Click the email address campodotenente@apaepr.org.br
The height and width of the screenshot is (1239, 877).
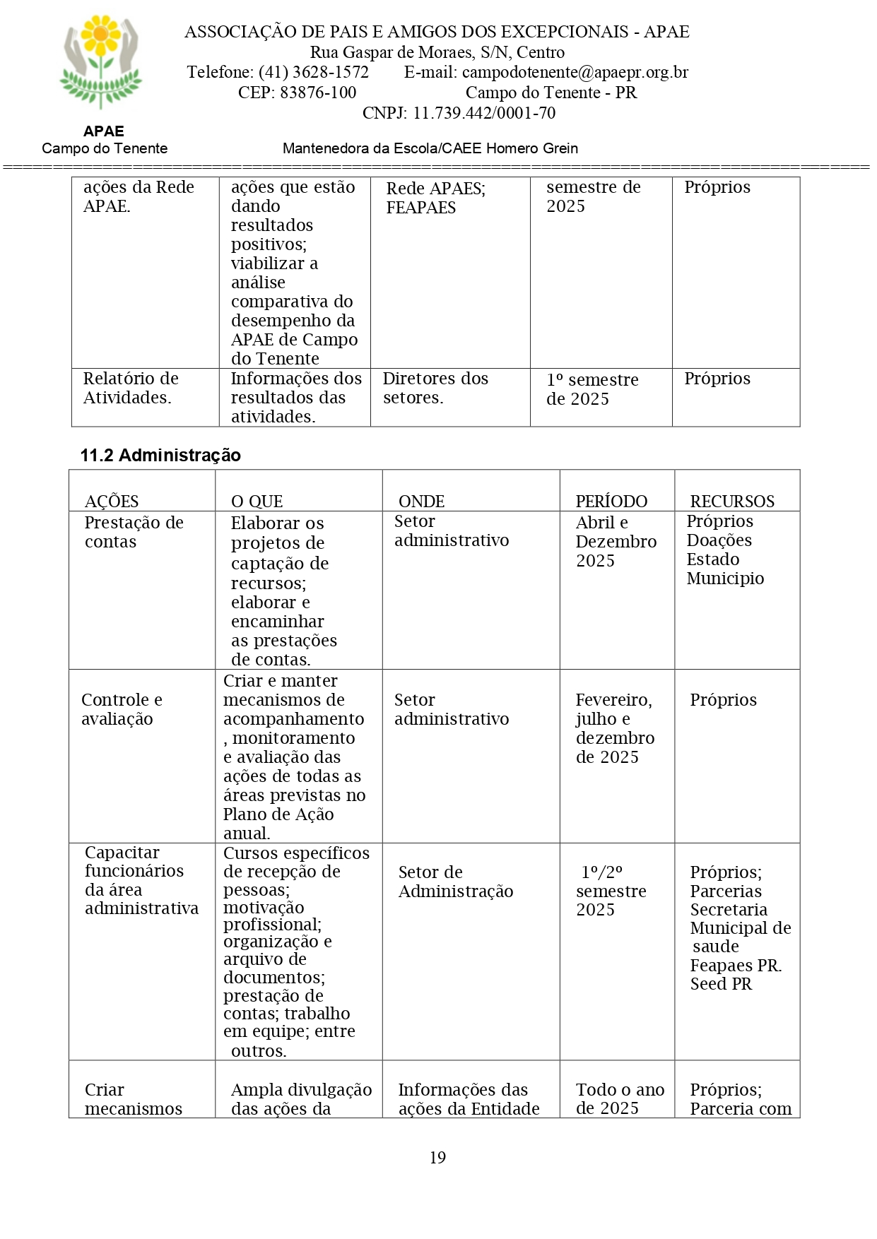click(575, 72)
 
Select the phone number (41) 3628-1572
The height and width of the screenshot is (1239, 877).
click(313, 72)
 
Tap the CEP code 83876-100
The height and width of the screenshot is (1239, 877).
click(318, 93)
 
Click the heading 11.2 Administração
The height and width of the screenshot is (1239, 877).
click(160, 456)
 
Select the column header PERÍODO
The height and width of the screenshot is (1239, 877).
click(611, 502)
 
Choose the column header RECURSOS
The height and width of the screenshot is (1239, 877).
click(732, 502)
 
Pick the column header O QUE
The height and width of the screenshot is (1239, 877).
click(257, 502)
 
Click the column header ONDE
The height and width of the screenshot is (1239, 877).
click(421, 502)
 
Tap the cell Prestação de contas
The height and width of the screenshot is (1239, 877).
click(134, 532)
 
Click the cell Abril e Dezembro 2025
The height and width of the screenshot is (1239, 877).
click(616, 542)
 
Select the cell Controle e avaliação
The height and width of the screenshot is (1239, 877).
click(122, 709)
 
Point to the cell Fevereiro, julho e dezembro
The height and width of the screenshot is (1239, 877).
click(615, 728)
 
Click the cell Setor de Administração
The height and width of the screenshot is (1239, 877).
click(455, 882)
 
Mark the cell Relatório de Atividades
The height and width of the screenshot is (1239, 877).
click(131, 388)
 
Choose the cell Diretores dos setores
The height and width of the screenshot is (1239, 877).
click(435, 388)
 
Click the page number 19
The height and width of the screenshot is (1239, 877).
click(437, 1158)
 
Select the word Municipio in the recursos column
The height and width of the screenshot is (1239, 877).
click(725, 579)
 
